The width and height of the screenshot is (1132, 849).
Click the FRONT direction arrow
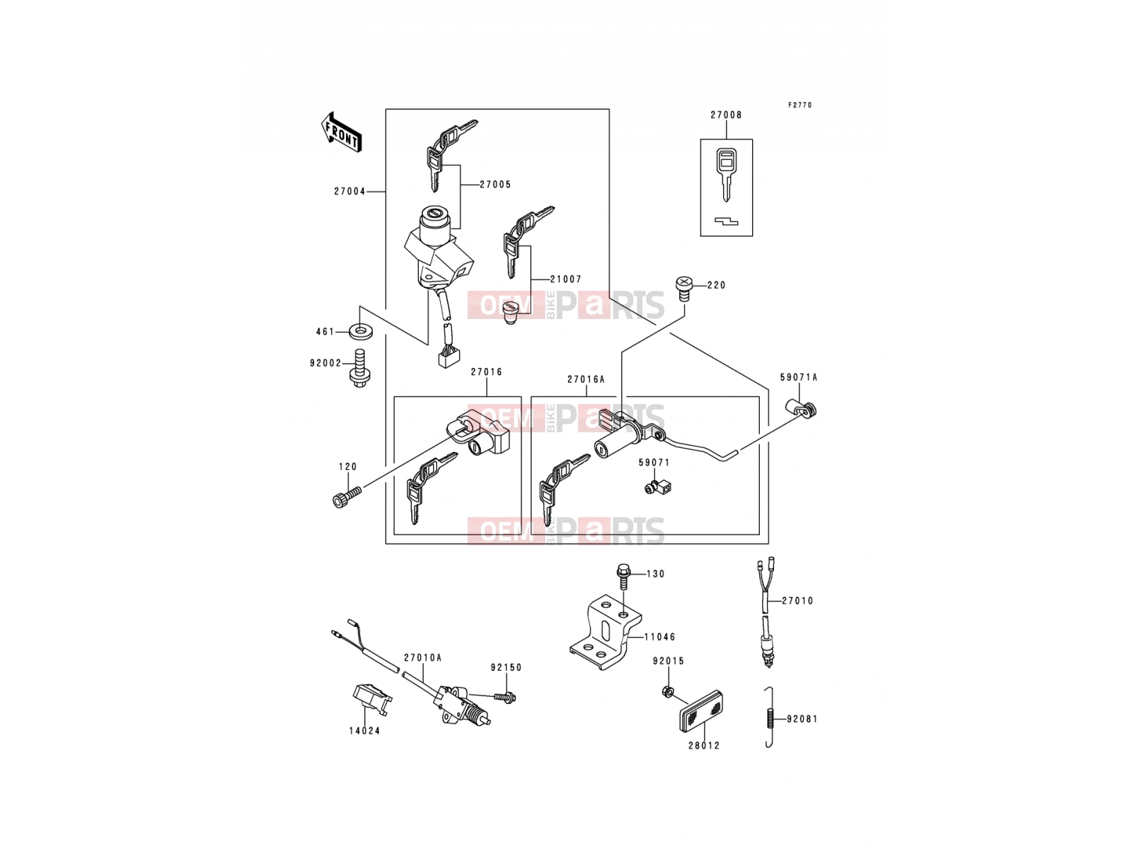tap(341, 132)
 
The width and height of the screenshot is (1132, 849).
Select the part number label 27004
tap(350, 191)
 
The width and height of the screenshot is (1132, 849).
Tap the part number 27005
tap(495, 185)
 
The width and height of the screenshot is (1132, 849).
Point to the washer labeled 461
tap(361, 331)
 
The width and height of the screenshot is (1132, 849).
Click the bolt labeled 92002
tap(359, 367)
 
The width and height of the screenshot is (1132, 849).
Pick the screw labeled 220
tap(684, 289)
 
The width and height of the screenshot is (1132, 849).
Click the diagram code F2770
tap(799, 105)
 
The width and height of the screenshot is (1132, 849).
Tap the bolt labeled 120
tap(347, 497)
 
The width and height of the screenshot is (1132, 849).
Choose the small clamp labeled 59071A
tap(801, 408)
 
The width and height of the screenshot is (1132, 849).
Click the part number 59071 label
tap(654, 463)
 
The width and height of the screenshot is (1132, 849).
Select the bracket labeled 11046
tap(606, 631)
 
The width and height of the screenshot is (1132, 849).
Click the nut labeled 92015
tap(666, 691)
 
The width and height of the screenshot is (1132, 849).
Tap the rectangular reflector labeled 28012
tap(701, 710)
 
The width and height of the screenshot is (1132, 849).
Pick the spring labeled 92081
tap(769, 717)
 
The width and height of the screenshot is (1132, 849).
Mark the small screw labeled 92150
tap(505, 697)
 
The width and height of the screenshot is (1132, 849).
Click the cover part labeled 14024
tap(370, 700)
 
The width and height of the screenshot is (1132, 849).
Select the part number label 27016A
tap(586, 379)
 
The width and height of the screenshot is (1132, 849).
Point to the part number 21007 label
tap(566, 279)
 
